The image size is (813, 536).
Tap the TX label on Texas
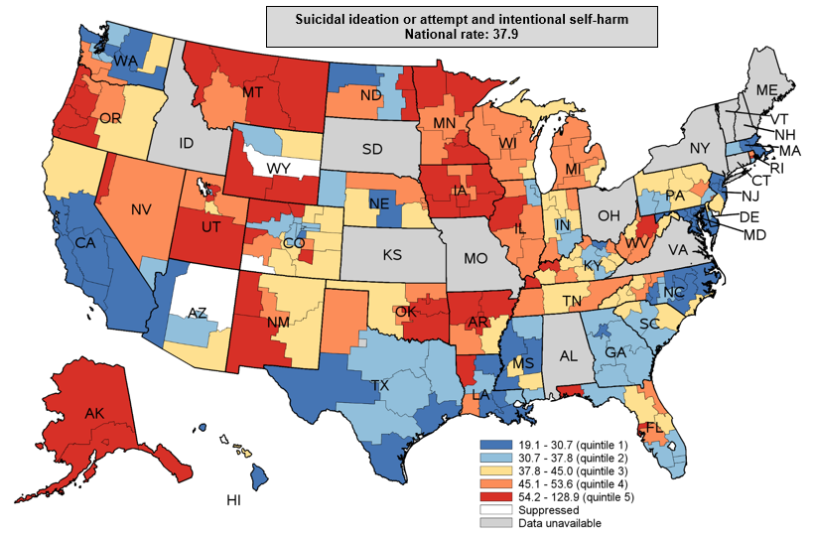tap(381, 383)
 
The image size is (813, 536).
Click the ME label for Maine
tap(767, 89)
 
